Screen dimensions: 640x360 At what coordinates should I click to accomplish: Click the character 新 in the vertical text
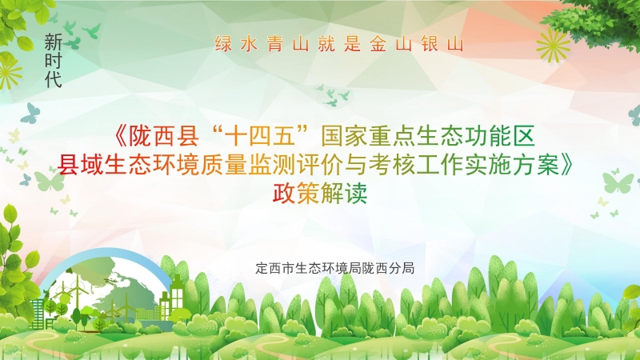[x=53, y=42]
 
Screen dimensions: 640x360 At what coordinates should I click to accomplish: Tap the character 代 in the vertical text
[x=53, y=78]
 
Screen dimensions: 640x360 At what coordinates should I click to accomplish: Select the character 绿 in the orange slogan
[x=223, y=44]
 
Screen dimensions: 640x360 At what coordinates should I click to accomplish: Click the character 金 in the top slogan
[x=378, y=44]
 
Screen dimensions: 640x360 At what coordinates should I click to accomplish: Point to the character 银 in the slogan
[x=430, y=44]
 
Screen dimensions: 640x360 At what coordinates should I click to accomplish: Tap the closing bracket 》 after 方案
[x=568, y=165]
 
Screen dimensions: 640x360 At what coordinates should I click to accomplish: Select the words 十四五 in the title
[x=259, y=136]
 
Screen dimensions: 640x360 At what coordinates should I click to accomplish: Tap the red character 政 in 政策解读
[x=285, y=193]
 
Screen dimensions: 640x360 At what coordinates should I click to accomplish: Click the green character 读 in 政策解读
[x=356, y=193]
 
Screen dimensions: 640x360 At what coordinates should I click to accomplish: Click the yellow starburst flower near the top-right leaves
[x=553, y=45]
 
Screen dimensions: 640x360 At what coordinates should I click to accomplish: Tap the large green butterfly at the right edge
[x=618, y=182]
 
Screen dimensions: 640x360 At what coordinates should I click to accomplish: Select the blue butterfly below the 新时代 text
[x=30, y=113]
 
